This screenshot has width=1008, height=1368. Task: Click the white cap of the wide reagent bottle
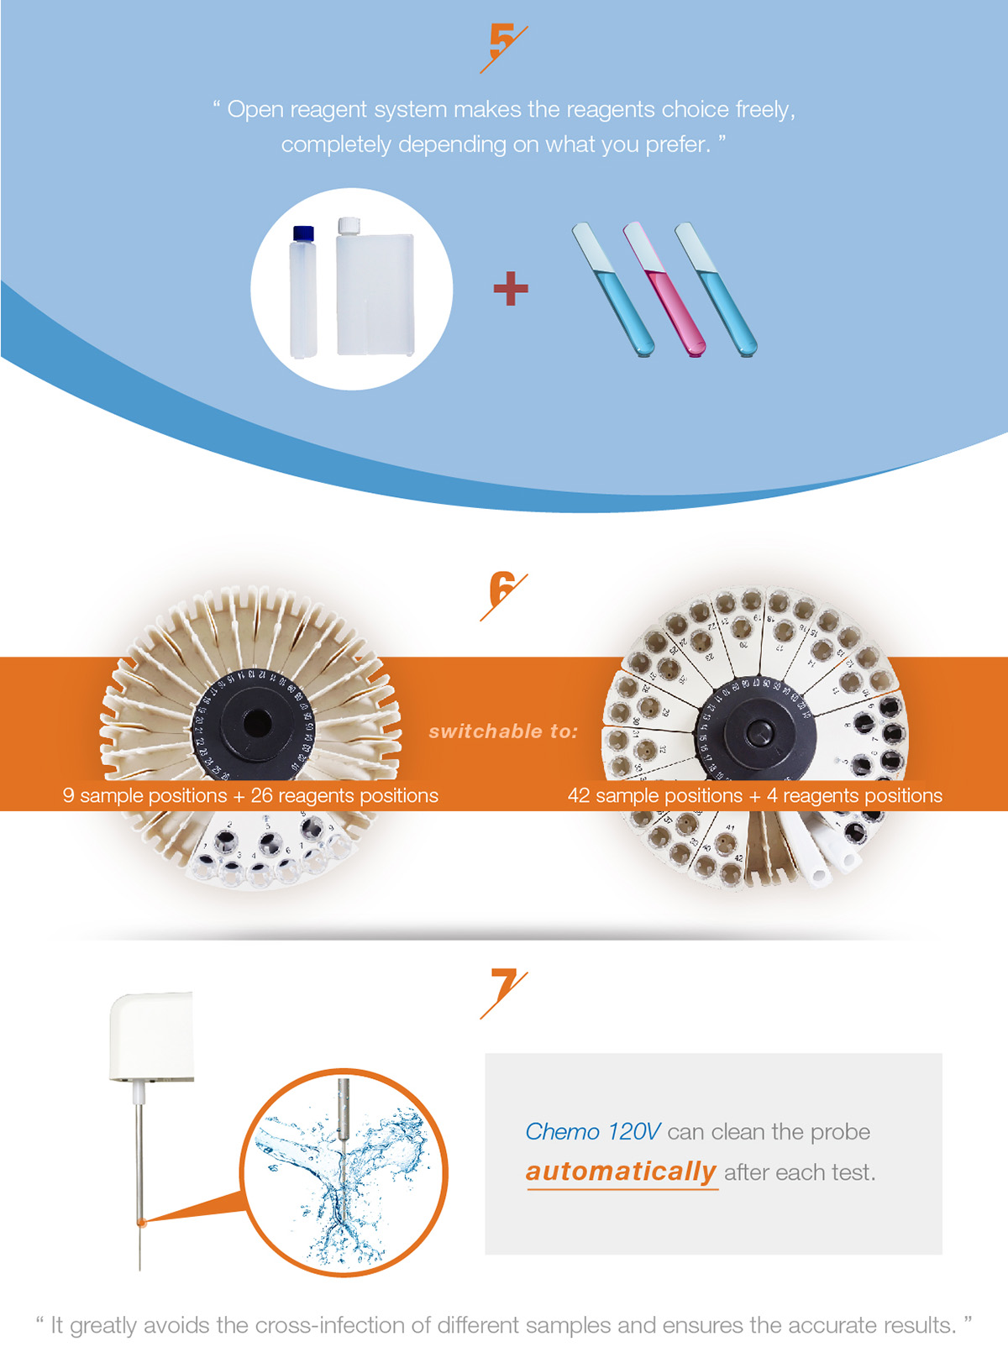(349, 225)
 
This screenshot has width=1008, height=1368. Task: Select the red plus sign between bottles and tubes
(511, 288)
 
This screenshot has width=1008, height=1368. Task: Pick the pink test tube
(664, 289)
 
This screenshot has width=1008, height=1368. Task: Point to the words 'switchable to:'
(503, 731)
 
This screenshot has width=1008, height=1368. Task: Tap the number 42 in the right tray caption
(579, 795)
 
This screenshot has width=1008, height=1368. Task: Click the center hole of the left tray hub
(256, 724)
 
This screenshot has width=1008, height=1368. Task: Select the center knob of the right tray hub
(759, 731)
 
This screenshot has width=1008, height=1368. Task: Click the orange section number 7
(503, 987)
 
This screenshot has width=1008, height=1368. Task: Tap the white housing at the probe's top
(151, 1036)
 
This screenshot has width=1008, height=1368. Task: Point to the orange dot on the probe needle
(141, 1221)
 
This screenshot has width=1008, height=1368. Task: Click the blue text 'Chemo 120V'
(592, 1132)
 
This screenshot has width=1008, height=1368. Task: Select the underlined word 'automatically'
(621, 1171)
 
